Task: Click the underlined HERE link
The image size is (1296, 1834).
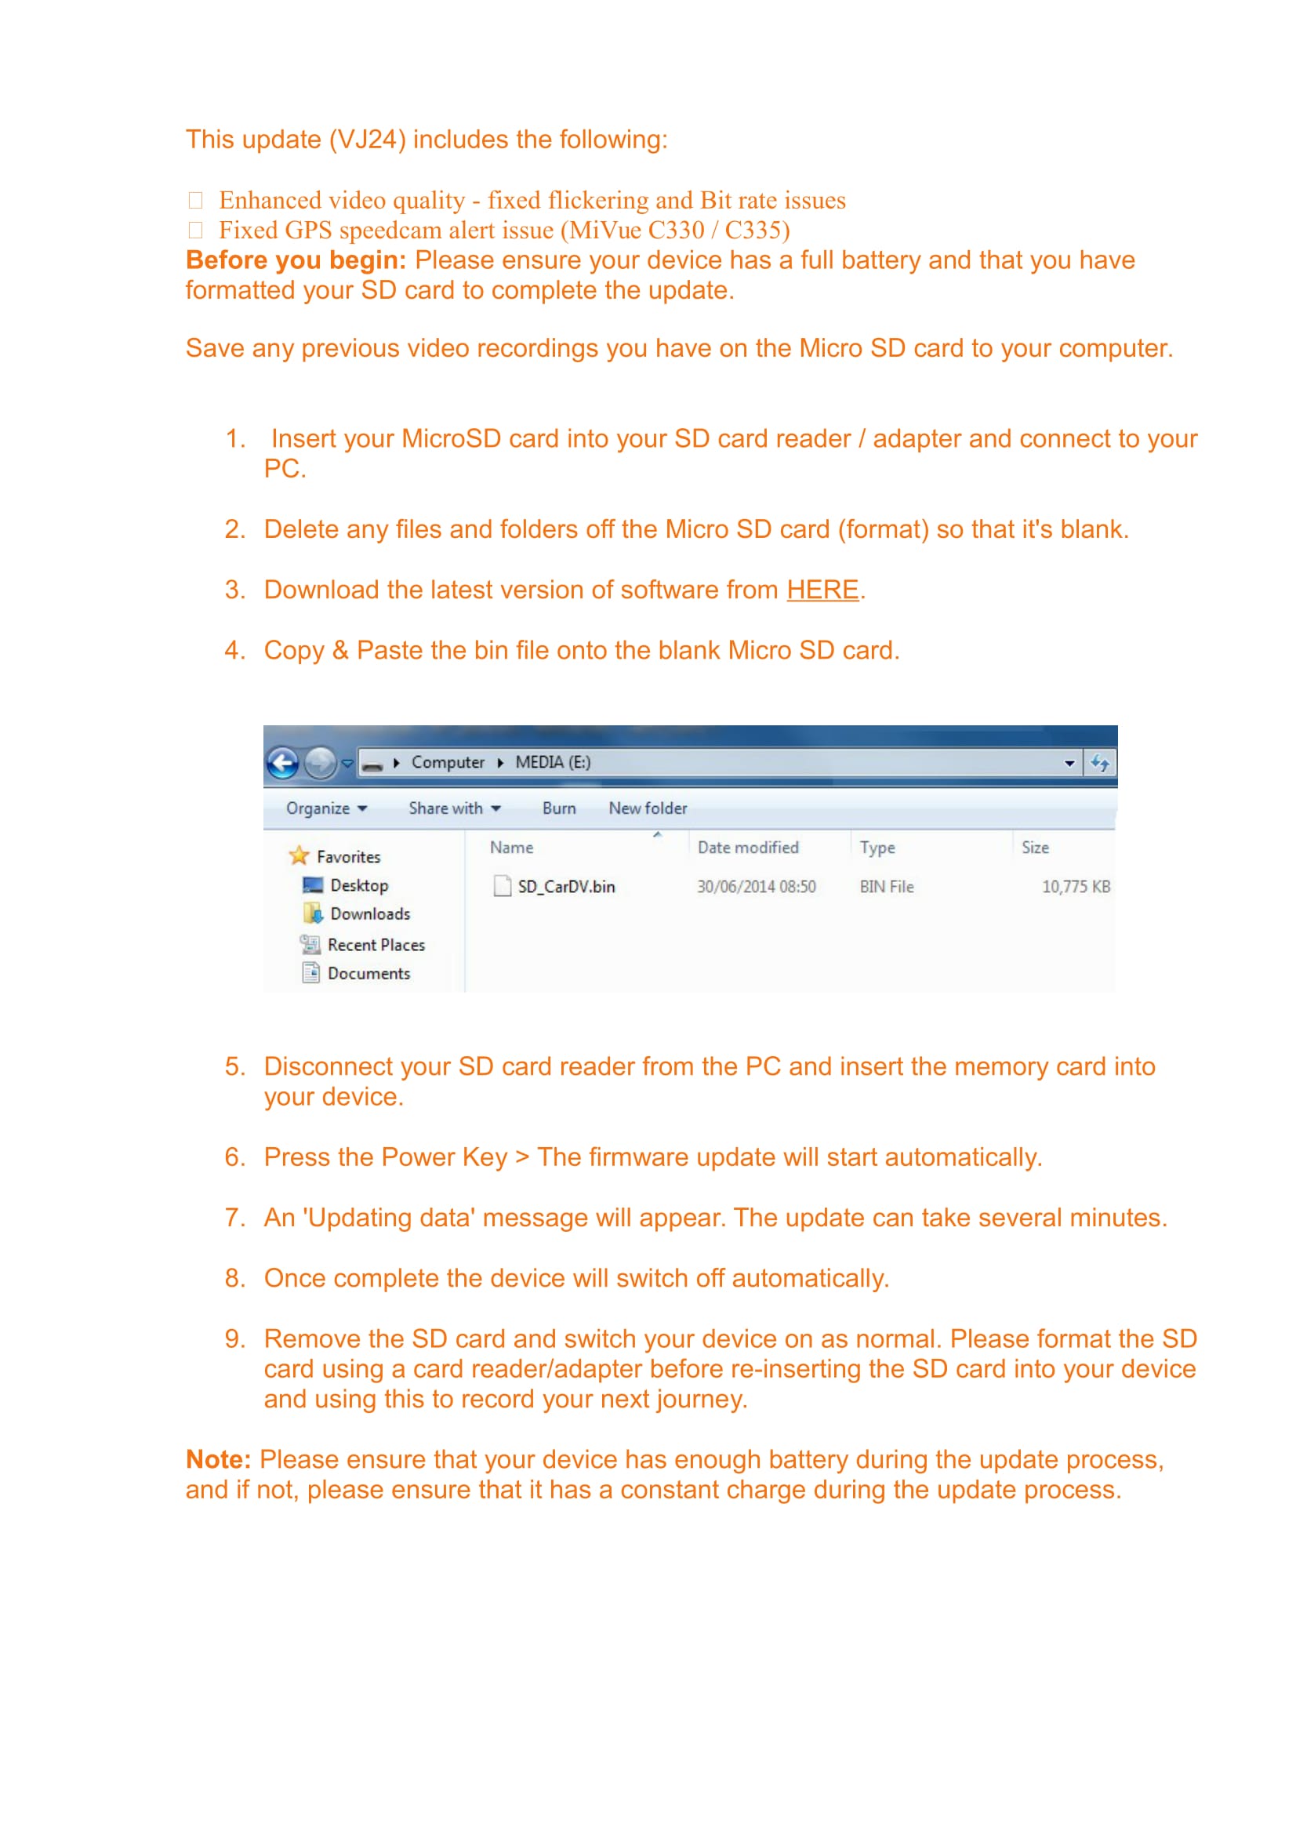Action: pos(822,590)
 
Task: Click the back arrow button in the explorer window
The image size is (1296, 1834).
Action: pos(283,763)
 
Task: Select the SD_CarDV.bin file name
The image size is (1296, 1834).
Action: pos(565,887)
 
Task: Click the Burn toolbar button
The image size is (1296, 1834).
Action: pos(558,808)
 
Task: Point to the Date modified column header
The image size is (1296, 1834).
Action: pos(747,848)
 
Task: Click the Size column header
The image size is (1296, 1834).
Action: pos(1035,848)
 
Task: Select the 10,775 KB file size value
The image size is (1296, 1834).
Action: pos(1075,887)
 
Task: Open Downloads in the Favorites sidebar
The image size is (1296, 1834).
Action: pos(370,913)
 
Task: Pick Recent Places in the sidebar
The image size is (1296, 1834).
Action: pos(376,945)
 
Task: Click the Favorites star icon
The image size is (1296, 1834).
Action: pos(299,855)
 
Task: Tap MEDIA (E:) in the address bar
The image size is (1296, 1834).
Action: pos(553,762)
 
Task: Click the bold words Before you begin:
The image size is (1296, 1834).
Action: pos(296,260)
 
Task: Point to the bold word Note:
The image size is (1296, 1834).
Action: pos(218,1459)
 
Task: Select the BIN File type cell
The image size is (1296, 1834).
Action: pos(887,887)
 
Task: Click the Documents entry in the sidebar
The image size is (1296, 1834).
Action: pos(368,974)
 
